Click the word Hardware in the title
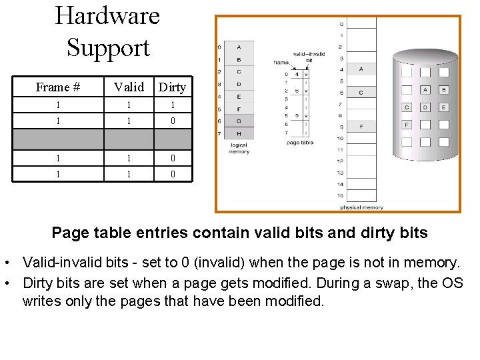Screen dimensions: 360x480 coord(107,16)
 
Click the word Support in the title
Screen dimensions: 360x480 coord(108,48)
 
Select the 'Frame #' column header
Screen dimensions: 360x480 coord(58,87)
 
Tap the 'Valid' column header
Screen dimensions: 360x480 coord(129,87)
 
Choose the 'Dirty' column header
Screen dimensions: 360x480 coord(173,87)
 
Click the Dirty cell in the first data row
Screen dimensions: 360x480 coord(173,105)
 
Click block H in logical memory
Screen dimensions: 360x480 coord(239,133)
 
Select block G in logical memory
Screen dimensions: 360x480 coord(239,121)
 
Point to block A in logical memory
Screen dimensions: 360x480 coord(239,47)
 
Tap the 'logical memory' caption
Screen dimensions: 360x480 coord(239,149)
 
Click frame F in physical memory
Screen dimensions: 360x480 coord(361,126)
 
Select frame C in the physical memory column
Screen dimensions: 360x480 coord(361,92)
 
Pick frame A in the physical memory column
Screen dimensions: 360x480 coord(361,69)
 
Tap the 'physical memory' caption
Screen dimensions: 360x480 coord(362,207)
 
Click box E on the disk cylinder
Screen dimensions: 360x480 coord(443,107)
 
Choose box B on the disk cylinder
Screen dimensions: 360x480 coord(443,89)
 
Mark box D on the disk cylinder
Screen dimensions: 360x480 coord(425,107)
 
